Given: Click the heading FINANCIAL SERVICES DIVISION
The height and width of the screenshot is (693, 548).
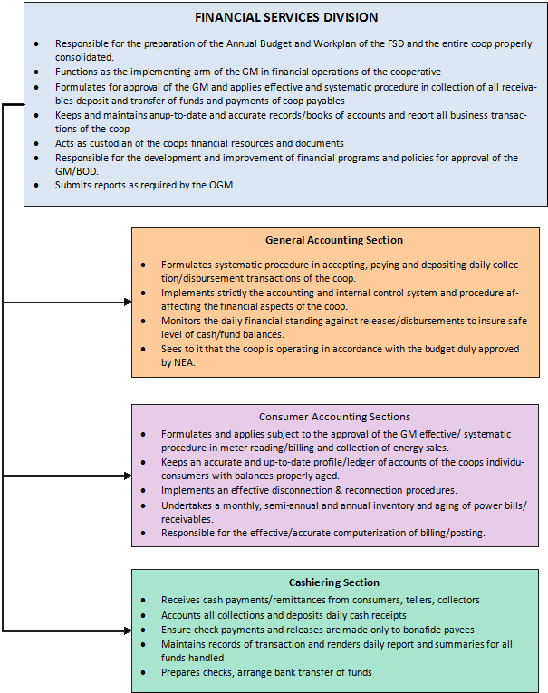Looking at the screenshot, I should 285,17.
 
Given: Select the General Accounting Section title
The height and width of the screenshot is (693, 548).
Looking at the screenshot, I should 334,240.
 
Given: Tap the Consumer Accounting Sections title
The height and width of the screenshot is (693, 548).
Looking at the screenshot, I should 334,417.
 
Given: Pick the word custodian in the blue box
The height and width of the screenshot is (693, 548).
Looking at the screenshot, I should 100,144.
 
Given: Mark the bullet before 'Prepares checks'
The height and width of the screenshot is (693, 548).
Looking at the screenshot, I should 144,672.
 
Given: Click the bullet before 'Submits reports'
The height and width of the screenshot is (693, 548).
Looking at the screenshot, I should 35,185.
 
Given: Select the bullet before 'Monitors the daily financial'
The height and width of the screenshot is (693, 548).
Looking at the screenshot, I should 144,322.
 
